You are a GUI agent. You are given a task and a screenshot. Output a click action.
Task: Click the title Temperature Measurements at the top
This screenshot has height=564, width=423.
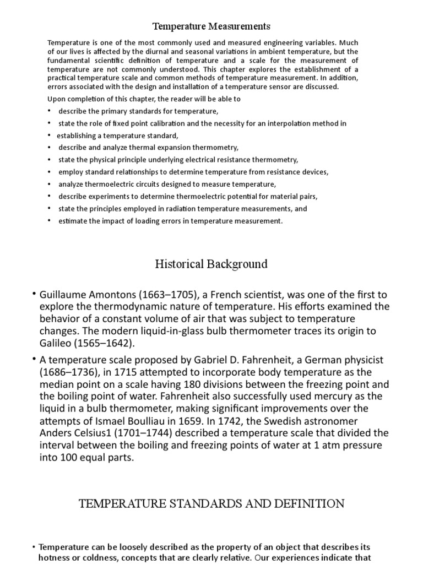click(x=211, y=26)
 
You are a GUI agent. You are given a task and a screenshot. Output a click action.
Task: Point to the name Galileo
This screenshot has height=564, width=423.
click(x=56, y=343)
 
